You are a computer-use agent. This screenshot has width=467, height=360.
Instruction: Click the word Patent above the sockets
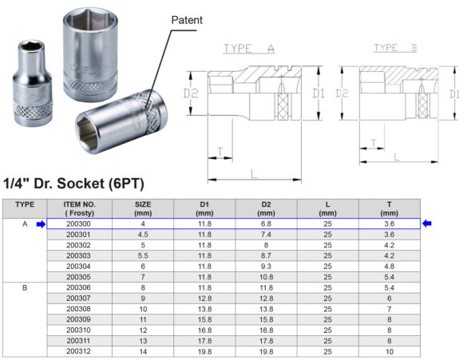tap(187, 19)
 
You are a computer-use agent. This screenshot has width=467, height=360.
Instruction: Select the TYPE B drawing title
tap(397, 49)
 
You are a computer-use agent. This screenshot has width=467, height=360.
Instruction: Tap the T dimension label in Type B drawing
tap(372, 143)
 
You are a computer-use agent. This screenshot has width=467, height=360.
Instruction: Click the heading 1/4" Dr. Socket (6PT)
tap(73, 184)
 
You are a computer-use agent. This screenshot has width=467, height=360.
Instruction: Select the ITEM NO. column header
tap(80, 208)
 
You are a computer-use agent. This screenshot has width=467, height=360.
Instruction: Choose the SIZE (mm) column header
tap(142, 208)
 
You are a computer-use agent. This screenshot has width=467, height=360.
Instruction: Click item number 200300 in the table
tap(80, 224)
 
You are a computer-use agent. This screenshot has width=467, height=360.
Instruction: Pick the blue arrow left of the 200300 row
tap(41, 224)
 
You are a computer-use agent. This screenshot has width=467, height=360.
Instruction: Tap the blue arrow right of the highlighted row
tap(427, 224)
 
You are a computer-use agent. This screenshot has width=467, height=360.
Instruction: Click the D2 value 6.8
tap(266, 224)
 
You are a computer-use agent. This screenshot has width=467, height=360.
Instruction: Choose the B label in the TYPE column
tap(25, 287)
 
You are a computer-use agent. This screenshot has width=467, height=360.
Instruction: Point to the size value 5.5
tap(142, 255)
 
